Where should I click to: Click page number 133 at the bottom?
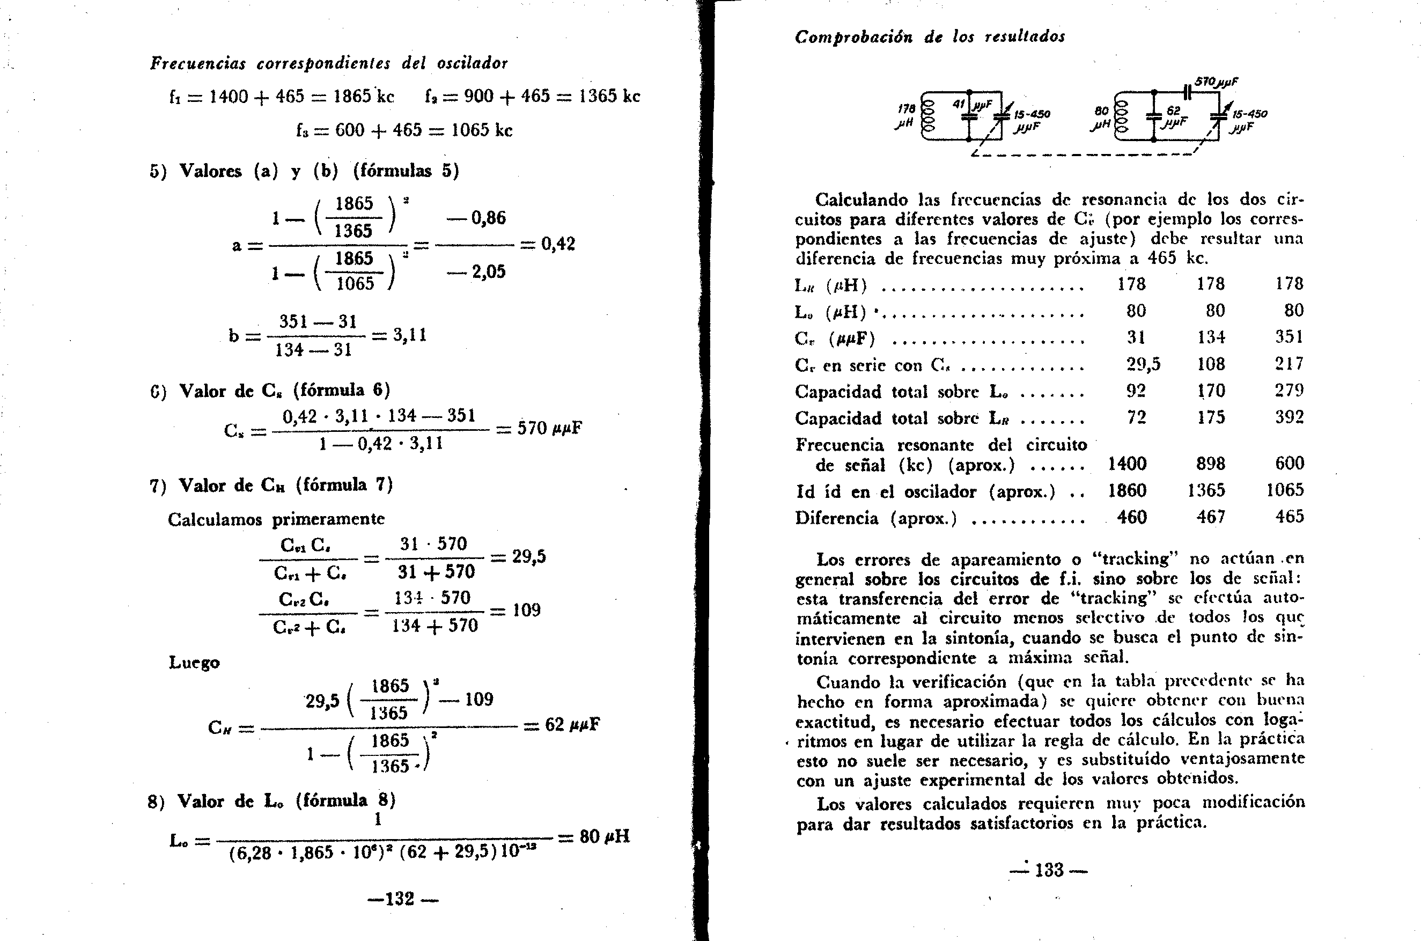[1049, 870]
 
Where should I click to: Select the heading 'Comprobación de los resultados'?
[930, 37]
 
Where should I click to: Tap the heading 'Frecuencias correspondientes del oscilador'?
[329, 63]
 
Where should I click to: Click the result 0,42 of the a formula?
[557, 244]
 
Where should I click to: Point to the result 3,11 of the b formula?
[410, 335]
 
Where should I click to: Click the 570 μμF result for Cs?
[549, 429]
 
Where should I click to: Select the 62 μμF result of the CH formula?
[571, 725]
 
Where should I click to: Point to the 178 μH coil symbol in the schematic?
[929, 116]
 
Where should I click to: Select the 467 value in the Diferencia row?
[1210, 517]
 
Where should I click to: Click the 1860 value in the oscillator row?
[1127, 490]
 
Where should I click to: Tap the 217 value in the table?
[1289, 364]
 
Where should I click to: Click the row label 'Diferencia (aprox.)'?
[875, 518]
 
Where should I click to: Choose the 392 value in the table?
[1289, 417]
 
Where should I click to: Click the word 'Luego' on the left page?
[194, 663]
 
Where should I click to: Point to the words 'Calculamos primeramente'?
[276, 518]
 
